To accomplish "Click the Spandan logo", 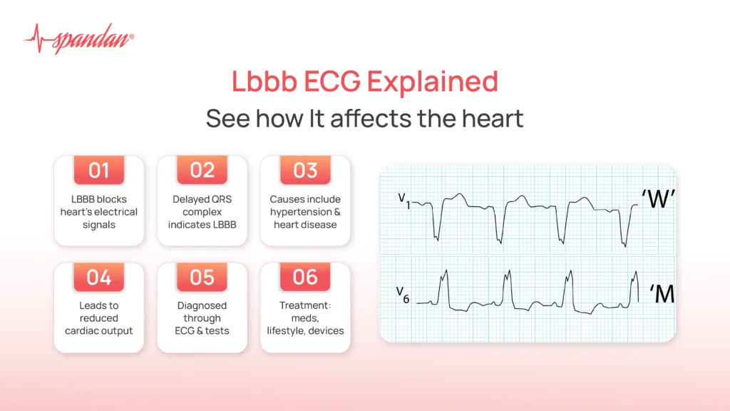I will click(x=78, y=39).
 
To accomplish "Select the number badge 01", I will click(x=99, y=171).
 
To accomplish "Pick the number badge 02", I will click(x=202, y=171).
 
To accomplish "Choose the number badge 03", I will click(x=305, y=171).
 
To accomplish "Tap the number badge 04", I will click(x=99, y=277).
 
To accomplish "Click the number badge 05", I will click(x=202, y=277).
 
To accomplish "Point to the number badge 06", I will click(x=305, y=277).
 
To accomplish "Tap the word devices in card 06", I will click(x=327, y=330).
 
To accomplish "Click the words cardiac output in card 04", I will click(x=99, y=330).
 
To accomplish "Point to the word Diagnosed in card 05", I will click(x=202, y=305).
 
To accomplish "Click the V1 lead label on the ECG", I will click(x=404, y=199).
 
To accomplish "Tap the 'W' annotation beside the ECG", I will click(x=657, y=201).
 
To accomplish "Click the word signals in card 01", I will click(x=99, y=225).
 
